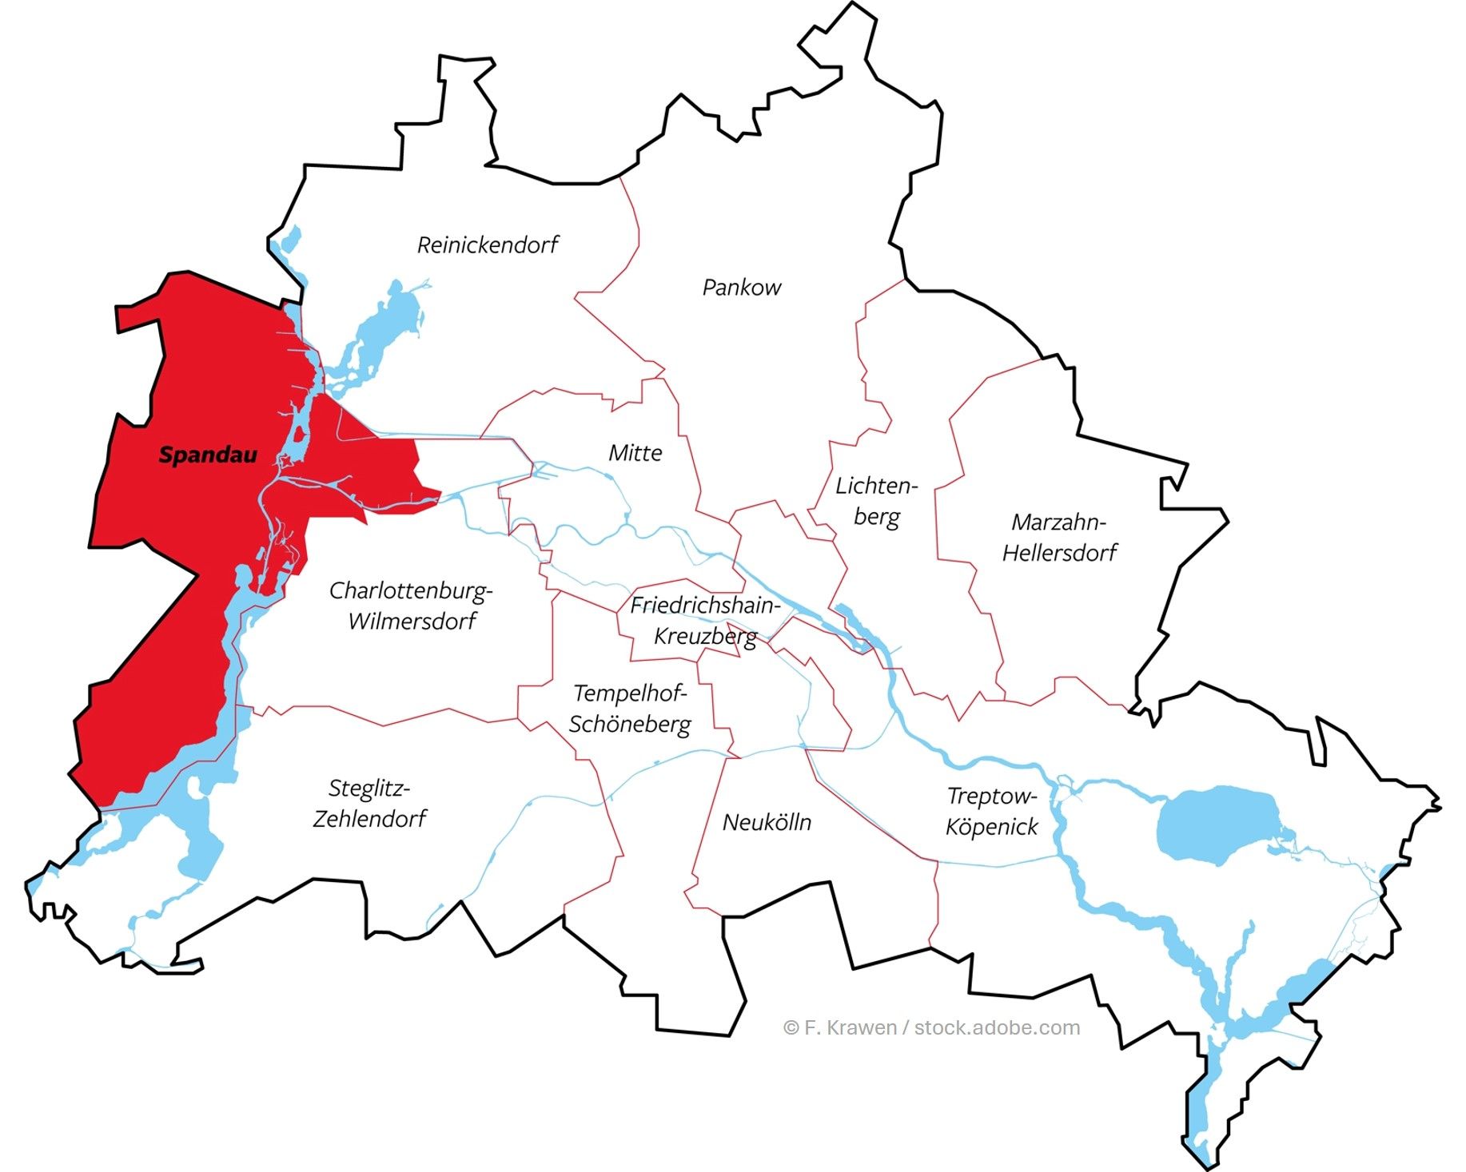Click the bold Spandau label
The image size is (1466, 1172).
pyautogui.click(x=208, y=455)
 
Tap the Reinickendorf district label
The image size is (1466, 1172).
pyautogui.click(x=488, y=244)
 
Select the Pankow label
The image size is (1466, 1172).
pyautogui.click(x=741, y=288)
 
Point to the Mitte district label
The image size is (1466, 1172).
pyautogui.click(x=635, y=453)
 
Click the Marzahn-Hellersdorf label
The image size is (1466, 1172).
pyautogui.click(x=1059, y=537)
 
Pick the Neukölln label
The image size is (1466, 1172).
pyautogui.click(x=767, y=822)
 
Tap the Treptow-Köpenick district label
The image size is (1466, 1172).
pyautogui.click(x=991, y=811)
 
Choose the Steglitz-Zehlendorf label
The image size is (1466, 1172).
pyautogui.click(x=369, y=803)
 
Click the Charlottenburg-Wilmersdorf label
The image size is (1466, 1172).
pyautogui.click(x=411, y=606)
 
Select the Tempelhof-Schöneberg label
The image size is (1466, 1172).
pyautogui.click(x=630, y=709)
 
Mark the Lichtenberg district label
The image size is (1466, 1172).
pyautogui.click(x=877, y=501)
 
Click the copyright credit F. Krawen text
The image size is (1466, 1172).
pyautogui.click(x=931, y=1027)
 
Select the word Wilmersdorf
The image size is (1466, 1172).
pyautogui.click(x=412, y=622)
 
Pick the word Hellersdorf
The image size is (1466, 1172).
pyautogui.click(x=1060, y=553)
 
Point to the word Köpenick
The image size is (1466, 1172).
pyautogui.click(x=991, y=827)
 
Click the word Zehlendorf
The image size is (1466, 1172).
pyautogui.click(x=369, y=819)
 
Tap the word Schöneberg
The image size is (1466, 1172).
pyautogui.click(x=630, y=725)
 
